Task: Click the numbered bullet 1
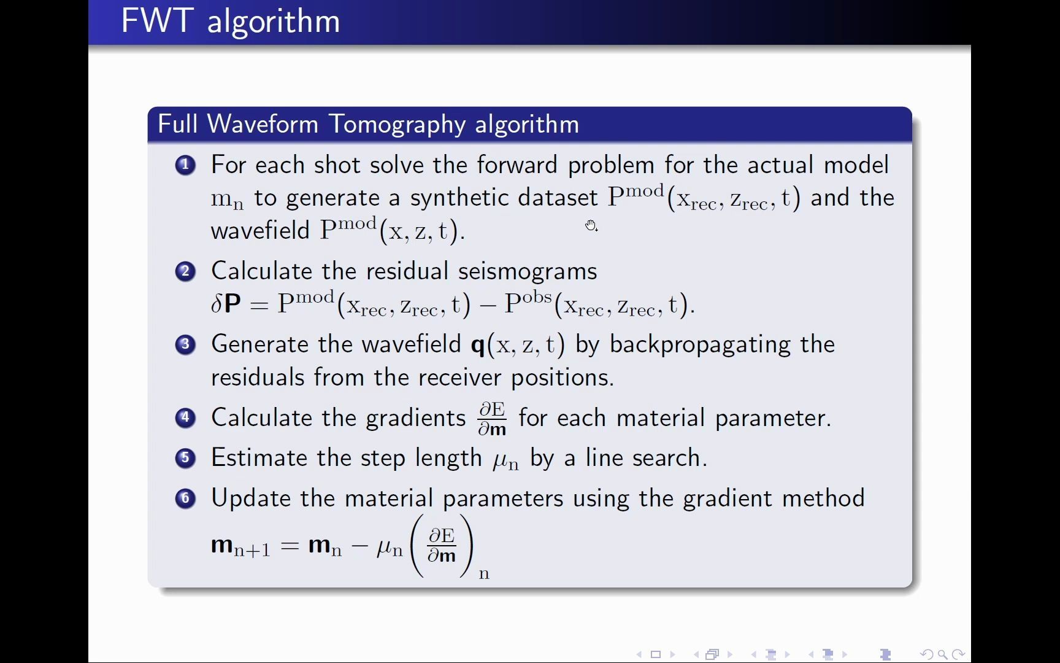[185, 165]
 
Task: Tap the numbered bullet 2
[185, 271]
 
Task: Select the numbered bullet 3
[185, 344]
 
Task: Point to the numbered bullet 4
[185, 418]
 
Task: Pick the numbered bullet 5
[185, 458]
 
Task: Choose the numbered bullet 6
[185, 498]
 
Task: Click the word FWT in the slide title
[158, 21]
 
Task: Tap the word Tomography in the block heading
[397, 124]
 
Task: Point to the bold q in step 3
[478, 345]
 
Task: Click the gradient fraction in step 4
[492, 419]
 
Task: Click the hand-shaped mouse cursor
[591, 225]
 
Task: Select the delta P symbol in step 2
[226, 304]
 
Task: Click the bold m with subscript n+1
[240, 545]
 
